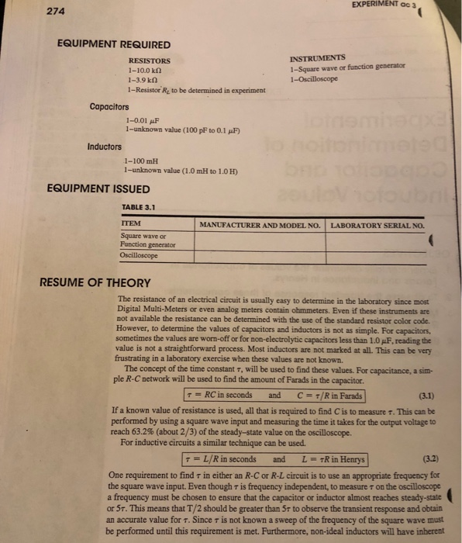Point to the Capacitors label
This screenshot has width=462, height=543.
coord(109,107)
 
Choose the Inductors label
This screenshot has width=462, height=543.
coord(105,146)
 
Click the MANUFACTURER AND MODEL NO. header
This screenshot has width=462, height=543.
coord(260,225)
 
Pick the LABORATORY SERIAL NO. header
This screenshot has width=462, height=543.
coord(378,225)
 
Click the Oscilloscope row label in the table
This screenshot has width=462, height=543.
coord(140,254)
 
